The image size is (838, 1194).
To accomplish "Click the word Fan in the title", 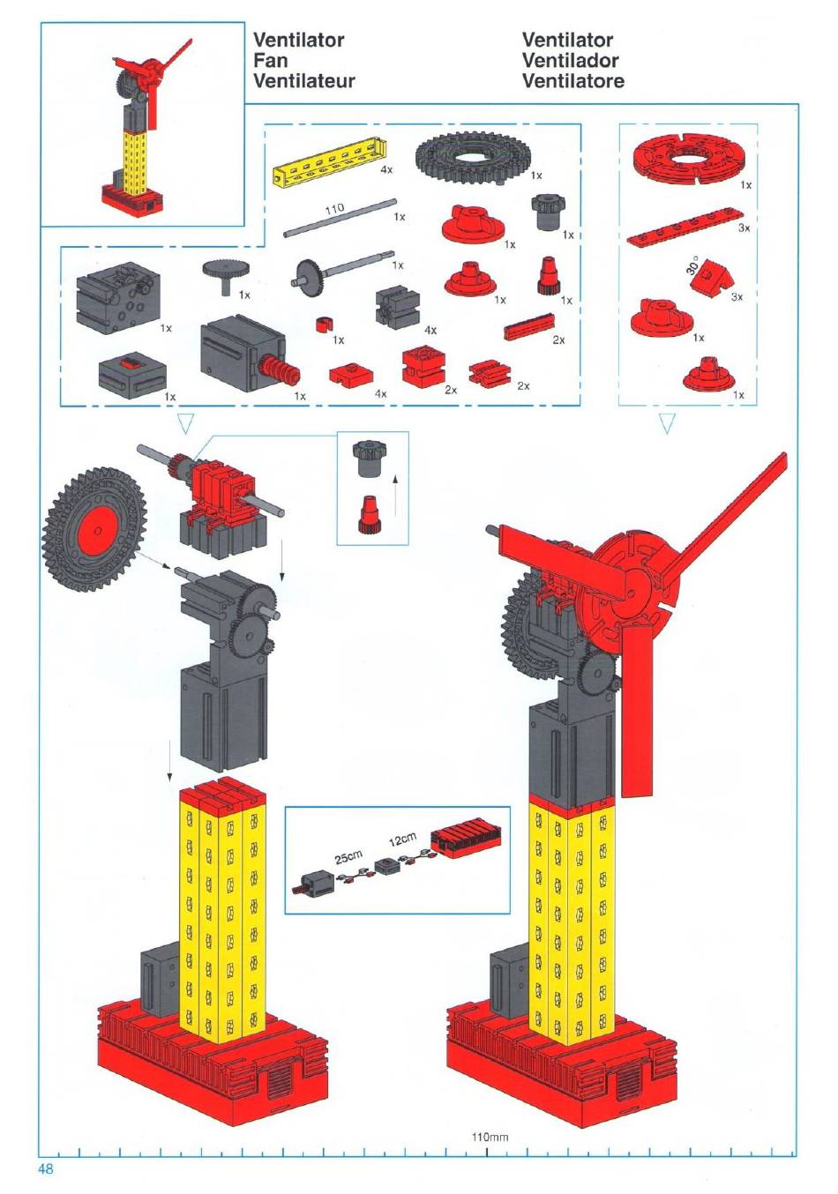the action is coord(270,60).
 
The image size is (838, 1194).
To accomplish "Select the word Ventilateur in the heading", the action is coord(303,81).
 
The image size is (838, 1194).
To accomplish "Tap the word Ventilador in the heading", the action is coord(570,60).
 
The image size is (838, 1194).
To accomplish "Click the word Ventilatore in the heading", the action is coord(573,81).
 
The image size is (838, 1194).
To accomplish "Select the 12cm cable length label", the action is coord(402,840).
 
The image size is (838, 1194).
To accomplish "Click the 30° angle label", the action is coord(692,265).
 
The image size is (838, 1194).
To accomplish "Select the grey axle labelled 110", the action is coord(340,218).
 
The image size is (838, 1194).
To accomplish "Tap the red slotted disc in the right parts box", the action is coord(685,159).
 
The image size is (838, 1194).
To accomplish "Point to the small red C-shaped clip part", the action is coord(323,325).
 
